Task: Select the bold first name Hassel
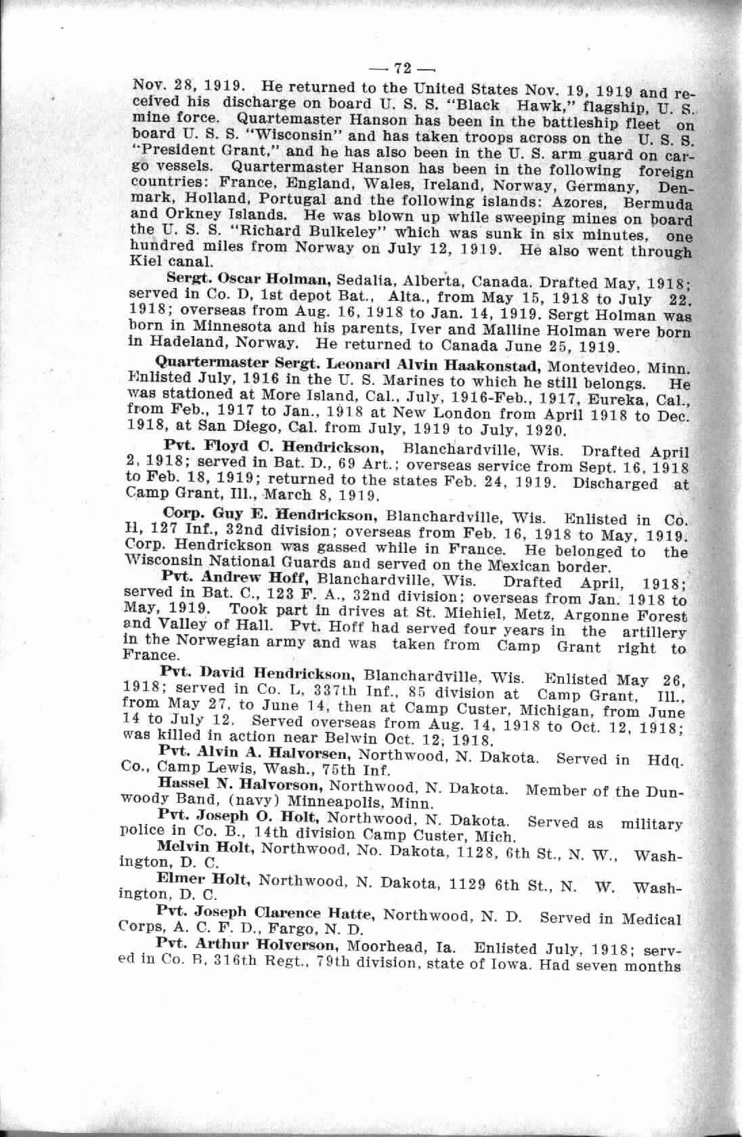(184, 787)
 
